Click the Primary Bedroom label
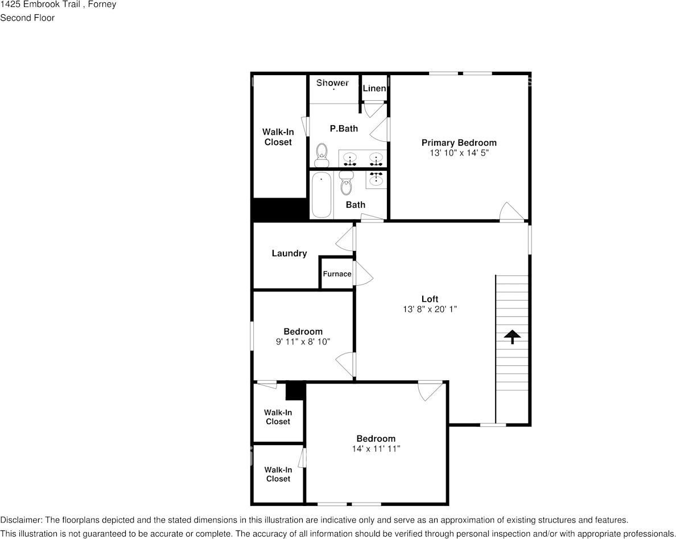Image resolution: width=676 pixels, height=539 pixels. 459,142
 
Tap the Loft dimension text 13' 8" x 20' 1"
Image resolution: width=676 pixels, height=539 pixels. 430,309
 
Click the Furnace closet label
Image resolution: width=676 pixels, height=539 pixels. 337,274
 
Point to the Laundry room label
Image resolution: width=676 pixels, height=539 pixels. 289,253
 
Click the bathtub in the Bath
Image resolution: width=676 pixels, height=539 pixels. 321,195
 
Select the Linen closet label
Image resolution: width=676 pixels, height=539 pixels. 374,88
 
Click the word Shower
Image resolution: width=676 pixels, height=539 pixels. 332,83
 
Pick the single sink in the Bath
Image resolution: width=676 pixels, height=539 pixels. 376,180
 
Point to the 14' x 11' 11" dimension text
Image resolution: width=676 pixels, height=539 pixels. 376,449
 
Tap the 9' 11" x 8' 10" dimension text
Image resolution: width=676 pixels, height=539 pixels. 303,341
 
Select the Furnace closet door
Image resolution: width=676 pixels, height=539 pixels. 362,274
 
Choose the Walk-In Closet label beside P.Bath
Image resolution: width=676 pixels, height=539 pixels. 278,137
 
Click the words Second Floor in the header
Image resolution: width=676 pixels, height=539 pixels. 27,18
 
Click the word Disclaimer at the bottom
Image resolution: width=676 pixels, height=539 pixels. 20,520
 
